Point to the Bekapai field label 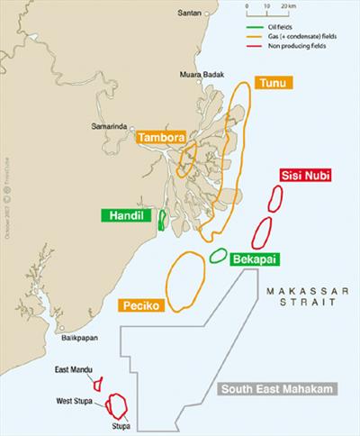(x=253, y=259)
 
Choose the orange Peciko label (x=140, y=306)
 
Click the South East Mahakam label (x=276, y=389)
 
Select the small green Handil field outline (x=162, y=219)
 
